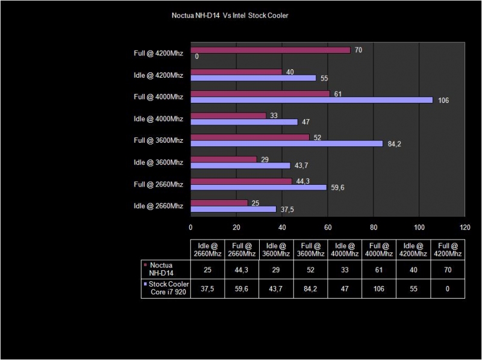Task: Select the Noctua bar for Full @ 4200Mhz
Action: pyautogui.click(x=270, y=50)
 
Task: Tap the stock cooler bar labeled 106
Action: pyautogui.click(x=311, y=100)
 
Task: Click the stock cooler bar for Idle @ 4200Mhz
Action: pyautogui.click(x=253, y=78)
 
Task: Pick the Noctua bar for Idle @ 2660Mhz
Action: pyautogui.click(x=219, y=203)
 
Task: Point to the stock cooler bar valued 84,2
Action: pyautogui.click(x=286, y=143)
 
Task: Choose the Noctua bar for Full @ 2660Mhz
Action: pyautogui.click(x=241, y=181)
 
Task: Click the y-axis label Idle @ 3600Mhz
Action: pyautogui.click(x=158, y=162)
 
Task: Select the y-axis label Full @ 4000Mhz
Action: pyautogui.click(x=158, y=96)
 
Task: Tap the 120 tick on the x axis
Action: pyautogui.click(x=465, y=228)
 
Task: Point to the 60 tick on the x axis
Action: pyautogui.click(x=327, y=228)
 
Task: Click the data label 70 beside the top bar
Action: pyautogui.click(x=358, y=50)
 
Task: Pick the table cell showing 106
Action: pyautogui.click(x=379, y=288)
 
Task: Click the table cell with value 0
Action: pyautogui.click(x=448, y=288)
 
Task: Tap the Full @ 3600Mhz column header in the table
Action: pyautogui.click(x=310, y=249)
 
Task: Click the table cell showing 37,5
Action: pyautogui.click(x=207, y=288)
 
